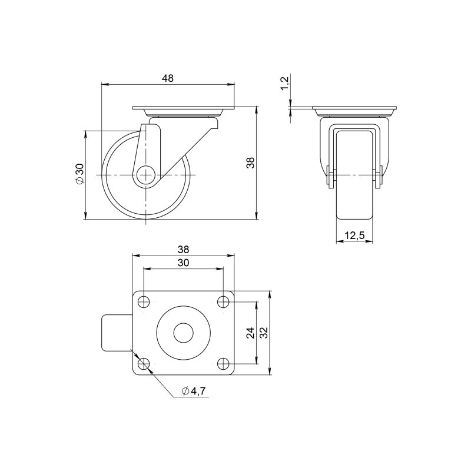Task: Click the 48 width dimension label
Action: pos(168,78)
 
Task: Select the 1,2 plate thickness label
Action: pos(284,83)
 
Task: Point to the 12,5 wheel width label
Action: pos(354,235)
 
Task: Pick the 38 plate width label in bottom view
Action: pos(183,249)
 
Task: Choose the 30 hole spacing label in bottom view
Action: pos(183,263)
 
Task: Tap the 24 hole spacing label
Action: pos(251,333)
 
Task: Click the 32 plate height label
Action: pos(263,333)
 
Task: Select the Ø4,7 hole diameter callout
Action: pos(194,391)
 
